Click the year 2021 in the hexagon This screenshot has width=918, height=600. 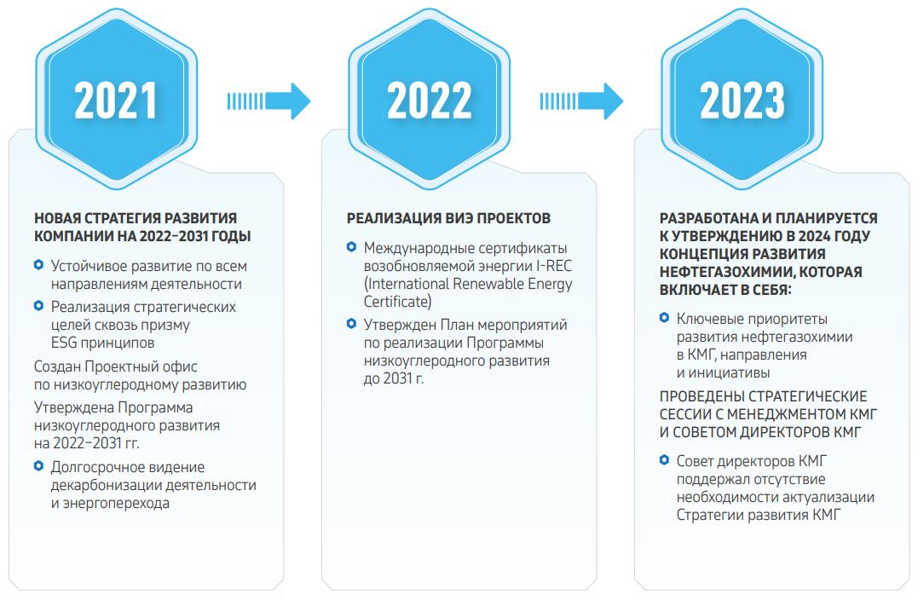click(x=115, y=100)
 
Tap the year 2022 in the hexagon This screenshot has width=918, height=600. click(x=429, y=100)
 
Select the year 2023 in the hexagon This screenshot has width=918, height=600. click(x=742, y=100)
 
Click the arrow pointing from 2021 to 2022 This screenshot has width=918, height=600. click(x=268, y=101)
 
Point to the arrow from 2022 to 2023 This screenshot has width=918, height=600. click(x=581, y=101)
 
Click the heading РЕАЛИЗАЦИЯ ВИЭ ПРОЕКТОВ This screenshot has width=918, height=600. click(x=448, y=218)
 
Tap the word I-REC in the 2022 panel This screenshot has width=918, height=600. click(x=554, y=267)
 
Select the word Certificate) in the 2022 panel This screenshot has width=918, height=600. click(x=397, y=302)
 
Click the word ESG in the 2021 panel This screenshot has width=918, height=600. click(x=64, y=343)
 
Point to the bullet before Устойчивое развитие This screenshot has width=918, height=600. click(x=38, y=265)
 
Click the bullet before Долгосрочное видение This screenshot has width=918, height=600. click(x=38, y=466)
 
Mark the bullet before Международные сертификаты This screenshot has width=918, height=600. click(x=351, y=247)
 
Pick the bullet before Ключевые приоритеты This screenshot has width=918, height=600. click(x=664, y=318)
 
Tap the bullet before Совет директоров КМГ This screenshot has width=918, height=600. click(x=664, y=460)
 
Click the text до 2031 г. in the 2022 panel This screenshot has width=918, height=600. click(x=394, y=378)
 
